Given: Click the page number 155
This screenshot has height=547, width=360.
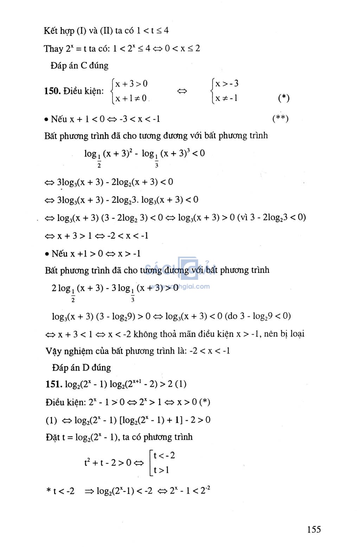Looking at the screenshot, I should click(x=314, y=529).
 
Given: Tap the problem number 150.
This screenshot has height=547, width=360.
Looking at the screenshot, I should click(x=52, y=91).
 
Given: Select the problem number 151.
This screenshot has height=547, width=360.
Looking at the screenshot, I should click(x=54, y=384).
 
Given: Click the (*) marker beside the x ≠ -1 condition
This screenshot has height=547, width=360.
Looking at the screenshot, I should click(x=283, y=98).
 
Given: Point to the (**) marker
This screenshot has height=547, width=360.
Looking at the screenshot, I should click(x=280, y=118).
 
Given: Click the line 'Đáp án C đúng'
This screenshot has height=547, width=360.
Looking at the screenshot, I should click(x=79, y=66).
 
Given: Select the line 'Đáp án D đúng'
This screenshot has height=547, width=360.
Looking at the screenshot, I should click(x=81, y=368).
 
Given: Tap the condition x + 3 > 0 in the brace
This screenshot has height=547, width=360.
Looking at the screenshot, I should click(x=131, y=84).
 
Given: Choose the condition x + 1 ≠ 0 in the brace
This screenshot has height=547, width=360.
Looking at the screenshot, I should click(x=131, y=98).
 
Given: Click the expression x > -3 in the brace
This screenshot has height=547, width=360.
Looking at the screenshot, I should click(x=227, y=84).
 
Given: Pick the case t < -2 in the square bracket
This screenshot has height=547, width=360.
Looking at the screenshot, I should click(x=164, y=456).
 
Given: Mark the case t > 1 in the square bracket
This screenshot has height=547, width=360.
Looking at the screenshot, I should click(x=161, y=470).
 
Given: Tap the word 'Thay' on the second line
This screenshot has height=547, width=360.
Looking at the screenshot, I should click(x=53, y=49).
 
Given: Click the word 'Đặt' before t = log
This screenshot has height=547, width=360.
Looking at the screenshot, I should click(x=53, y=437).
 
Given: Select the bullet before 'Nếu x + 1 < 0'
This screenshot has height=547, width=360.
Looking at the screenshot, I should click(x=46, y=120).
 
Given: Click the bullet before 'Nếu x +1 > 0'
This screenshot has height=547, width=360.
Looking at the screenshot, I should click(x=47, y=254).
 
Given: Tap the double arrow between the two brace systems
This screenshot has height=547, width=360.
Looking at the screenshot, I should click(x=182, y=91).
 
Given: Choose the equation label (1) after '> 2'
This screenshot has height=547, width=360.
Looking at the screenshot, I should click(x=180, y=384).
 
